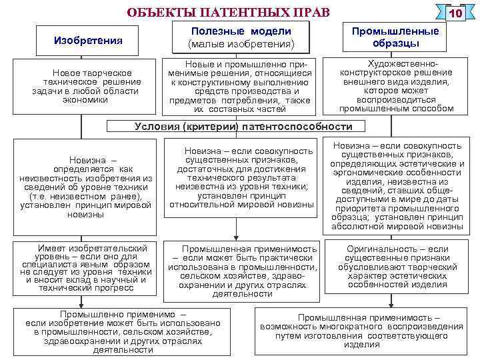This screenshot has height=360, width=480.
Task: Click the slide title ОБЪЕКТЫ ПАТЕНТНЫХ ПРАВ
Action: tap(227, 13)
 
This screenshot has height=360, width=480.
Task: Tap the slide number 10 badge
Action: tap(456, 14)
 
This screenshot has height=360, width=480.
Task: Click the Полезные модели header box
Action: tap(241, 37)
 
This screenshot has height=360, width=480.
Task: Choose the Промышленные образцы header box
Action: tap(395, 37)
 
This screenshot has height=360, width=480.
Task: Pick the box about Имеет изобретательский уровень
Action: tap(86, 268)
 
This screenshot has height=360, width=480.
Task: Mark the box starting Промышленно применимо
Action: tap(123, 331)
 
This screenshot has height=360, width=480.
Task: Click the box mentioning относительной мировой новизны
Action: tap(241, 178)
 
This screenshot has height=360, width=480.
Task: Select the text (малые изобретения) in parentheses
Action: tap(241, 44)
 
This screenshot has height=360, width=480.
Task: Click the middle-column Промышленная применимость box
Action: tap(242, 269)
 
